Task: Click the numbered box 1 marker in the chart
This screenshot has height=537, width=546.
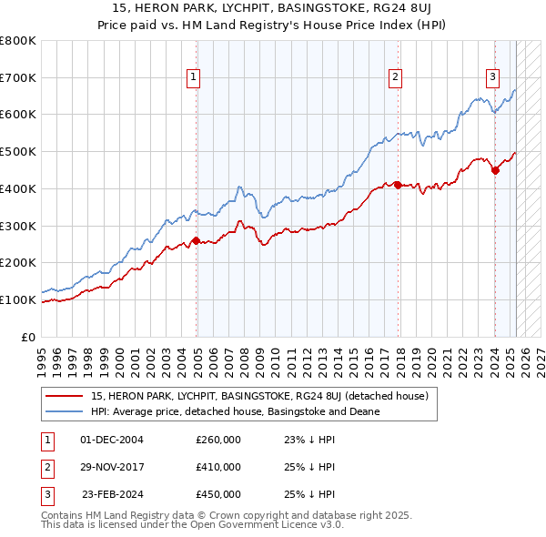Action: coord(195,77)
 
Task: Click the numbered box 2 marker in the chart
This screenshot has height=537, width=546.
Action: coord(396,77)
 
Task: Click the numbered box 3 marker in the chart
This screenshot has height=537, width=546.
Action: coord(492,77)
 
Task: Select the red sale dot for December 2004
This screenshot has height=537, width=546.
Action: coord(197,241)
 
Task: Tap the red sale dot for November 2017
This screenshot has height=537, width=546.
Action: coord(398,185)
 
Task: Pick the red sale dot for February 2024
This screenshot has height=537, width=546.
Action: coord(495,169)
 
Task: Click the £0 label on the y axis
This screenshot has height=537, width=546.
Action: coord(29,337)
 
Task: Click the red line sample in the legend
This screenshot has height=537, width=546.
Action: coord(64,396)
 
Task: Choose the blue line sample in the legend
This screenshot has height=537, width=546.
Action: coord(64,411)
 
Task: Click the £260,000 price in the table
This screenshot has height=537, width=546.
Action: coord(218,440)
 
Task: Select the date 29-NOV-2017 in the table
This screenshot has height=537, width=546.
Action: coord(112,467)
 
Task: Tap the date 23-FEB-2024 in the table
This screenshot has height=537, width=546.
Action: coord(113,494)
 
